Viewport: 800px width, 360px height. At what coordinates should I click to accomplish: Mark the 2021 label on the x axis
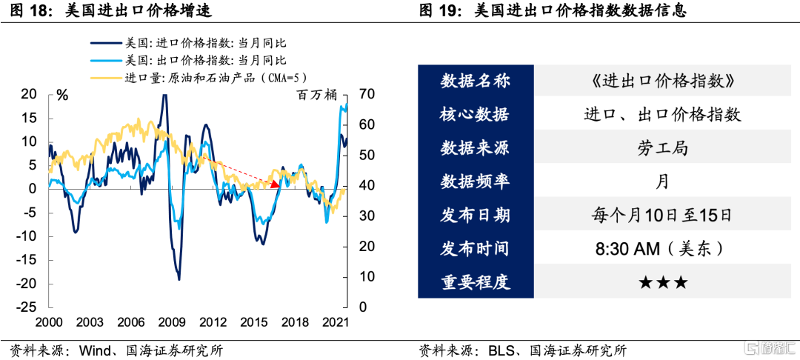click(336, 322)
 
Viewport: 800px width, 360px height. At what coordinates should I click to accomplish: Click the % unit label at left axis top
click(62, 95)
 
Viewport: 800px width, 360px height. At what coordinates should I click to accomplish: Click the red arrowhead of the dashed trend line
click(276, 184)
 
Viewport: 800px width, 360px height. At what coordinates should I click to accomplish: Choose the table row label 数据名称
click(476, 81)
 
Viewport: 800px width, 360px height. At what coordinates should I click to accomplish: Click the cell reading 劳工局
click(661, 148)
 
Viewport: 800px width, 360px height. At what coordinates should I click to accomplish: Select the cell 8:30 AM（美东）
click(661, 250)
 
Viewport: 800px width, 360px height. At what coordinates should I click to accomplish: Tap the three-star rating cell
click(661, 283)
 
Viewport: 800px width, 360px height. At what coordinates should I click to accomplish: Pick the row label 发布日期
click(476, 216)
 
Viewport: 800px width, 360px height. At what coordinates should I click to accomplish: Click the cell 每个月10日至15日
click(661, 216)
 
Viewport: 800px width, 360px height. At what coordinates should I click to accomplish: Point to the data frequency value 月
click(661, 182)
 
